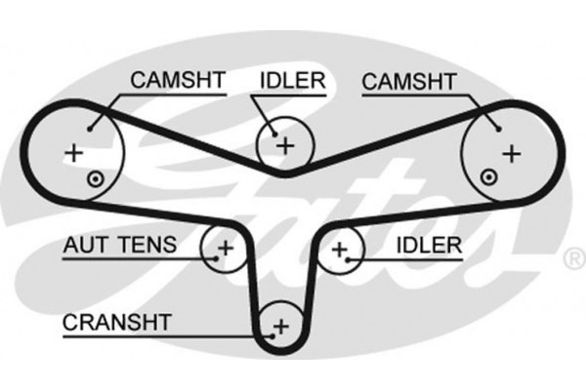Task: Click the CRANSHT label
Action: [116, 321]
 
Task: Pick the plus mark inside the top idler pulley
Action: [284, 146]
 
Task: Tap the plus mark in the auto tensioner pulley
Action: [225, 248]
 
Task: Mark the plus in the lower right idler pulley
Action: [339, 250]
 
